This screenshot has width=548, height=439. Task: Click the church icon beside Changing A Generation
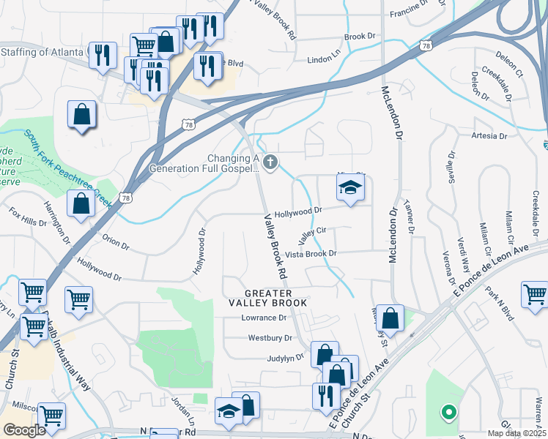pos(270,162)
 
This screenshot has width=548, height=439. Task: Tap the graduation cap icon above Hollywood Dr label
pos(350,189)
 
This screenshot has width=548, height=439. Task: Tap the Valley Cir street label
pos(311,236)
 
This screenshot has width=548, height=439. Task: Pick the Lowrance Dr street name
pos(264,318)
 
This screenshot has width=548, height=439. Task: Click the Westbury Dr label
pos(270,338)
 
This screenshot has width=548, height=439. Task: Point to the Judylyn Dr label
pos(286,358)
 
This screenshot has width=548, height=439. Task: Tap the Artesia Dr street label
pos(490,136)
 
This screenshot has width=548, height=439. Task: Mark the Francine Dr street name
pos(409,9)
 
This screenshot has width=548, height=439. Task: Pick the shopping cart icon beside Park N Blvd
pos(535,295)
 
